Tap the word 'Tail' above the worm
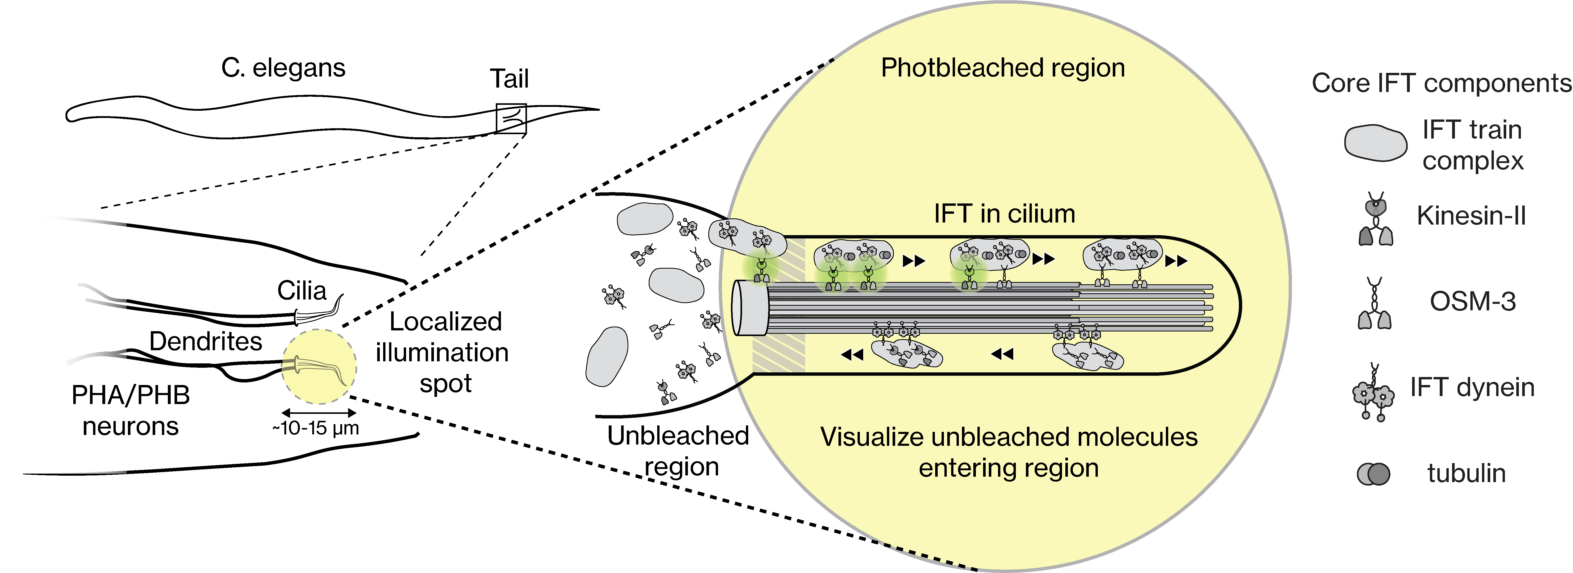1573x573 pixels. (509, 79)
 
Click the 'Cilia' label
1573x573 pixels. (302, 290)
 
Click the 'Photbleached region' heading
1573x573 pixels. (1003, 68)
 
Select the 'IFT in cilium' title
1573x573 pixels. (1004, 213)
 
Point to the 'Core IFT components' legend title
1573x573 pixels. (1441, 83)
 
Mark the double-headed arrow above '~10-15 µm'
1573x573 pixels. (318, 413)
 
